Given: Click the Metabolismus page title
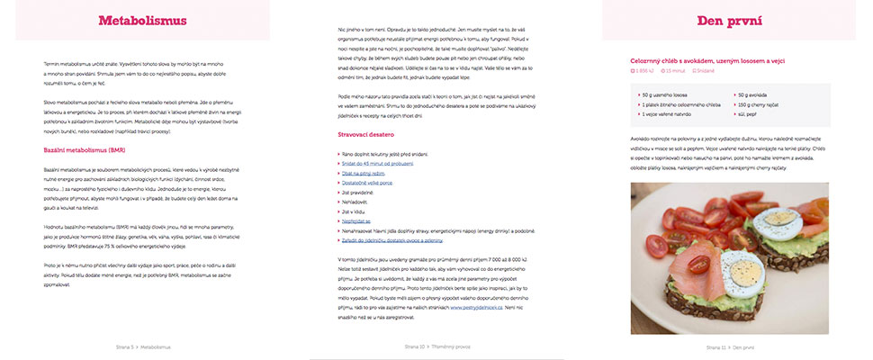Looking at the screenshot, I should point(142,21).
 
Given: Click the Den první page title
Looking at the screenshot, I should point(729,21).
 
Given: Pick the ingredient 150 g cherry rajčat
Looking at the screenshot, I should point(763,104).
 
